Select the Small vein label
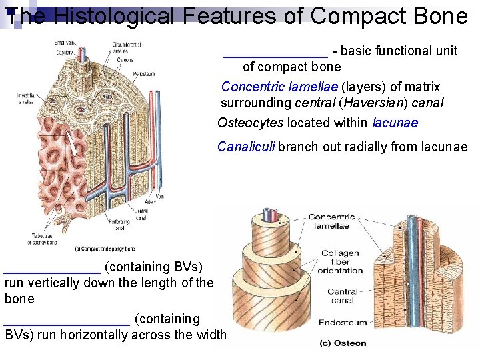65,43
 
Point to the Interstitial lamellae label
26,99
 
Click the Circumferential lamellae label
126,48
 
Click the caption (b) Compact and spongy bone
99,249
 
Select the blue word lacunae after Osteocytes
395,123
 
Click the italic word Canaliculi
246,147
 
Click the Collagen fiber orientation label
340,262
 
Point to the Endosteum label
343,322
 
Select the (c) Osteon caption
343,343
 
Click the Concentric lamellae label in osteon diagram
331,221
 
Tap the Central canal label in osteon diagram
343,296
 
